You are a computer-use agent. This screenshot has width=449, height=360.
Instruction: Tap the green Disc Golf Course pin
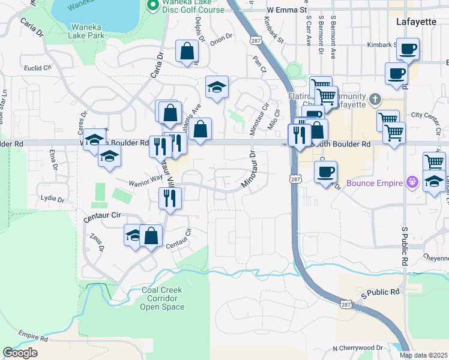152,7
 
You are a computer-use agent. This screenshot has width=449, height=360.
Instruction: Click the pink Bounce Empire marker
412,181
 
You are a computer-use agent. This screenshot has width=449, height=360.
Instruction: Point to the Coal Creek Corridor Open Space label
162,298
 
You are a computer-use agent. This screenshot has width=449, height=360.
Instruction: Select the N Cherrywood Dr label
357,348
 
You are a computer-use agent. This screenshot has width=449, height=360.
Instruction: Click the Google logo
20,353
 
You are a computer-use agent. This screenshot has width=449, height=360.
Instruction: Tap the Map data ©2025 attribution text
423,355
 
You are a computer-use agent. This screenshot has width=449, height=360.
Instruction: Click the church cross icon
375,99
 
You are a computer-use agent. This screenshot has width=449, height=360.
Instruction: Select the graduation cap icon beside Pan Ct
217,87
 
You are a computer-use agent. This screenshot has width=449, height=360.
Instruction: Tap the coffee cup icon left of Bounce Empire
325,172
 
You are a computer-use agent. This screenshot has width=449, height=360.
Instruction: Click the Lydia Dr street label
52,199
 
